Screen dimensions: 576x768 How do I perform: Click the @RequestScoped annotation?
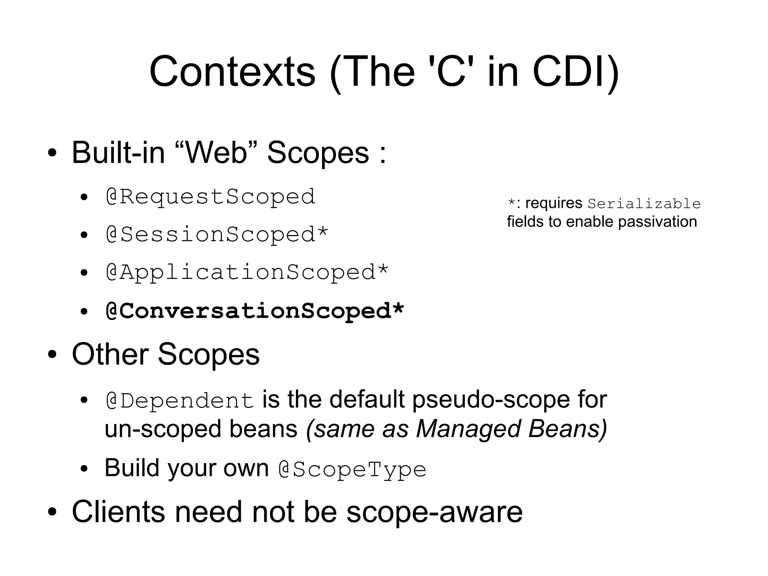coord(210,197)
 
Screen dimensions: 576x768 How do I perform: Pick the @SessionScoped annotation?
coord(210,235)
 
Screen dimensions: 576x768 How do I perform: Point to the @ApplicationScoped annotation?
coord(241,272)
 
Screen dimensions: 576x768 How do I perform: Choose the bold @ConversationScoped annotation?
coord(248,311)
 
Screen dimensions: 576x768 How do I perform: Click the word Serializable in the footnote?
coord(644,204)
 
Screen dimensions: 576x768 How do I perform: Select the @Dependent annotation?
coord(180,401)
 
